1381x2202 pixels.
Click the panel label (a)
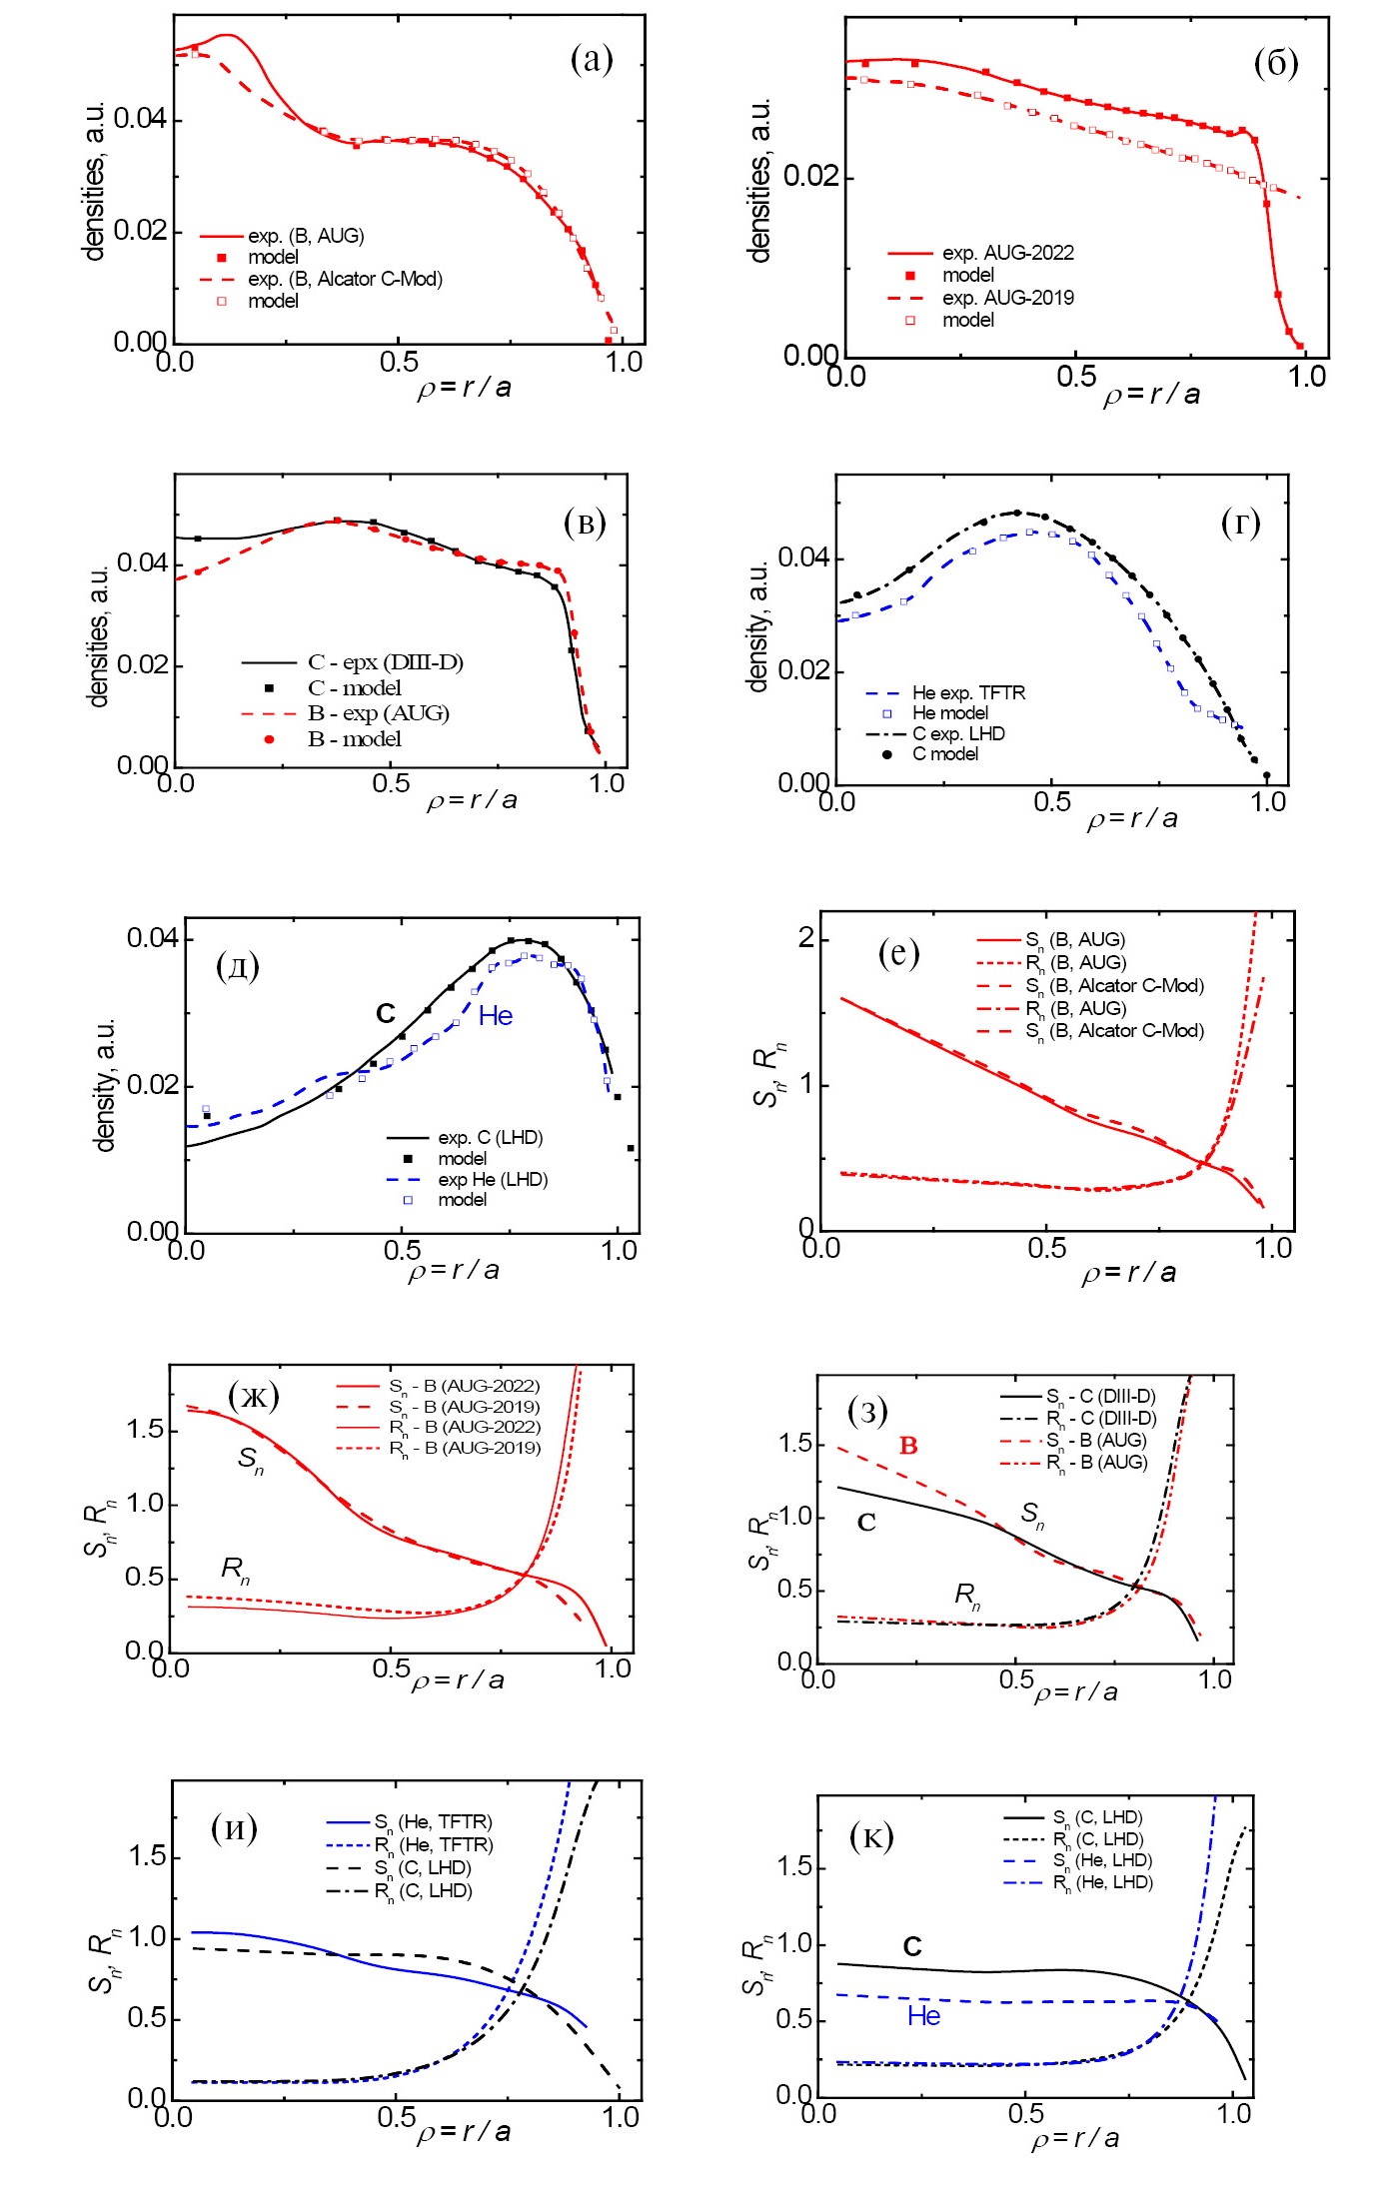(592, 60)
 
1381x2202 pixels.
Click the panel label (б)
(1275, 63)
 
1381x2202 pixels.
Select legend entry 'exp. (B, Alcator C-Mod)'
(345, 279)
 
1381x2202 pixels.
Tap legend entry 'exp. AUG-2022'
(1007, 253)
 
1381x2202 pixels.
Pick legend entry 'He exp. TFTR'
(967, 692)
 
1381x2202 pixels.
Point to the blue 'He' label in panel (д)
(496, 1016)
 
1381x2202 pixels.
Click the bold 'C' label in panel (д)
(386, 1013)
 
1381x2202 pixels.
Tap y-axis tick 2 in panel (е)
(806, 938)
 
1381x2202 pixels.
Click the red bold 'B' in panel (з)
(908, 1446)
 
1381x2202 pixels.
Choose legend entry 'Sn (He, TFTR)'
(433, 1822)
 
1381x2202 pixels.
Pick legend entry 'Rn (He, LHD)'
(1102, 1882)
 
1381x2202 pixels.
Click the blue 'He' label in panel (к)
(924, 2016)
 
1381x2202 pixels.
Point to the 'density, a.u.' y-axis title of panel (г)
(758, 625)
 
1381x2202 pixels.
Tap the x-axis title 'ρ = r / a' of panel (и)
(464, 2132)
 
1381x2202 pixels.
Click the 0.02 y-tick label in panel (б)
(810, 177)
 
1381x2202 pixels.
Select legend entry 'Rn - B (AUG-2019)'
(465, 1448)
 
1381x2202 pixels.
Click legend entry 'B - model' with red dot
(354, 739)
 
